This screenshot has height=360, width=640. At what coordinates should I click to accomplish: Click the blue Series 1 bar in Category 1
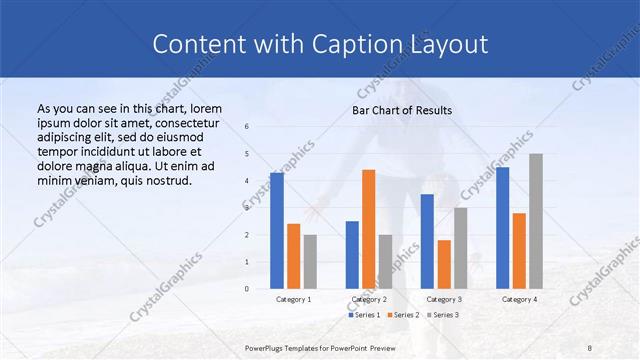coord(277,231)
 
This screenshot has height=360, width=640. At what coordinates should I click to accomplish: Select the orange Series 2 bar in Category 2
coord(368,229)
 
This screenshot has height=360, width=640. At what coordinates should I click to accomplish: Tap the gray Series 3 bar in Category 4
coord(536,221)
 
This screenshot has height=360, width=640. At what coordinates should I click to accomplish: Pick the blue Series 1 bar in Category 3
coord(427,241)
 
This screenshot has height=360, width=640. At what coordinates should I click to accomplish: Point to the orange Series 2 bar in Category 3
coord(444,264)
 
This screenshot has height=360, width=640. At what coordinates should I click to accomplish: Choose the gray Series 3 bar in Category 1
coord(310,261)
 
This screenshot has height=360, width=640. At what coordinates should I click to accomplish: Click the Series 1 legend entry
coord(365,315)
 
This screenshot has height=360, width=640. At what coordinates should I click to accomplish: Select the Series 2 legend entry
coord(403,315)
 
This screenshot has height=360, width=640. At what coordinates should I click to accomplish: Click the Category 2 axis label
coord(369,299)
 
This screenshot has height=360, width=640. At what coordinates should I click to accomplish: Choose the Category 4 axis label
coord(519,299)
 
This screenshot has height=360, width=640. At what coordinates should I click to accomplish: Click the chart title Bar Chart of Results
coord(402,110)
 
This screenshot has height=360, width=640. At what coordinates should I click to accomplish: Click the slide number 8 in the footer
coord(590,347)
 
